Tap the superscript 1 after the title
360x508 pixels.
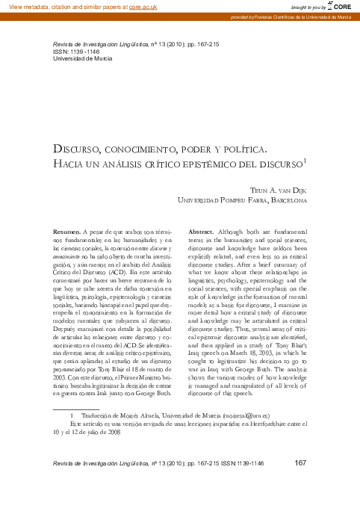pyautogui.click(x=305, y=160)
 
